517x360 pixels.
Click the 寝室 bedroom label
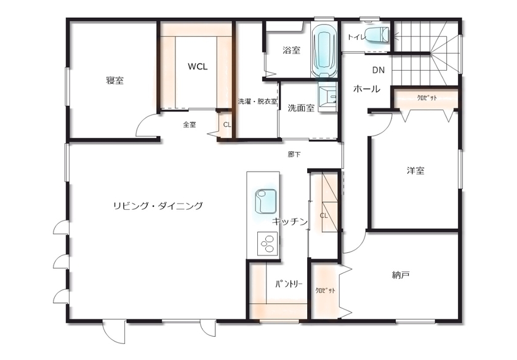click(114, 81)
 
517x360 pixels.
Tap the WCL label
click(198, 67)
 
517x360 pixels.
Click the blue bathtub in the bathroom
click(324, 52)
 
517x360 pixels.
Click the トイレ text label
click(355, 37)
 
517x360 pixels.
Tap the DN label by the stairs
click(378, 70)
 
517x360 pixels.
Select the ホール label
click(366, 89)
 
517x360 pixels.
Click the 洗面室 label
click(301, 108)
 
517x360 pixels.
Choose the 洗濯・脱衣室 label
click(257, 102)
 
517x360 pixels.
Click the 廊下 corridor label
click(294, 154)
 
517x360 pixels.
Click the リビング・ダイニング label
click(158, 206)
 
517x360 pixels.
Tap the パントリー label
click(288, 284)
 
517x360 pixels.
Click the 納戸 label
click(401, 274)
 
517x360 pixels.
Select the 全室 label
click(189, 124)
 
